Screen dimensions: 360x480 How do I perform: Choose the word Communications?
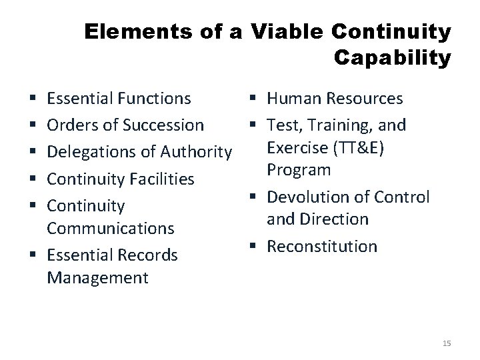click(x=110, y=228)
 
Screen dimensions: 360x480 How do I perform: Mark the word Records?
click(x=150, y=255)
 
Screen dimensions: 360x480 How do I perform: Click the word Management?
click(x=98, y=277)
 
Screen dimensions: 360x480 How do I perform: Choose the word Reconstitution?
click(x=322, y=246)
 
